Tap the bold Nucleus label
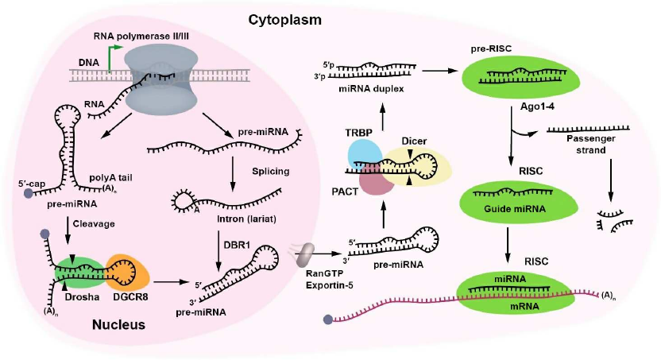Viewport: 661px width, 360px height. coord(118,325)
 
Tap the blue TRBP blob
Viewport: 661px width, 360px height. coord(365,153)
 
